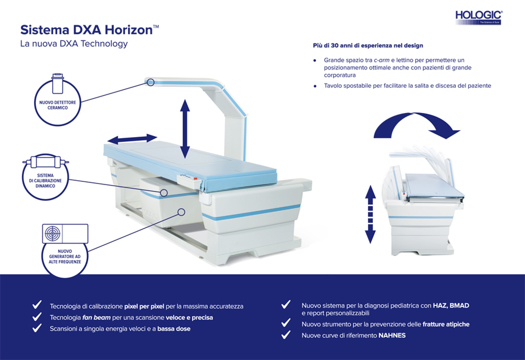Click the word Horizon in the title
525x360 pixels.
[128, 30]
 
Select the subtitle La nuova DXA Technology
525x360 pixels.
[74, 44]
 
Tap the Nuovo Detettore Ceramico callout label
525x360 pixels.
[58, 105]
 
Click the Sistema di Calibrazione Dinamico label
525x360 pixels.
[45, 181]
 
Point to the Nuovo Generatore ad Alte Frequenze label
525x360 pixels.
[65, 257]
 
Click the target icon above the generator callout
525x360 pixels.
[53, 234]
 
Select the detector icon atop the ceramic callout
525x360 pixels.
[58, 83]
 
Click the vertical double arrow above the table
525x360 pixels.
[185, 129]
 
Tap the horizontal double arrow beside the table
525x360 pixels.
[132, 139]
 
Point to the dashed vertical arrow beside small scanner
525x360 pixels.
[370, 214]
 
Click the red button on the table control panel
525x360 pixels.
[195, 179]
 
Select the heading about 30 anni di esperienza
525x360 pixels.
[368, 46]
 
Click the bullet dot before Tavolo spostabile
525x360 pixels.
[315, 86]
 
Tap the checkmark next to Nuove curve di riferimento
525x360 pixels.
[286, 335]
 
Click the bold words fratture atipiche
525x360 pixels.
[446, 324]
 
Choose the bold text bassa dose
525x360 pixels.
[174, 329]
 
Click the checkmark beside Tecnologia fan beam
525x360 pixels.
[37, 317]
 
